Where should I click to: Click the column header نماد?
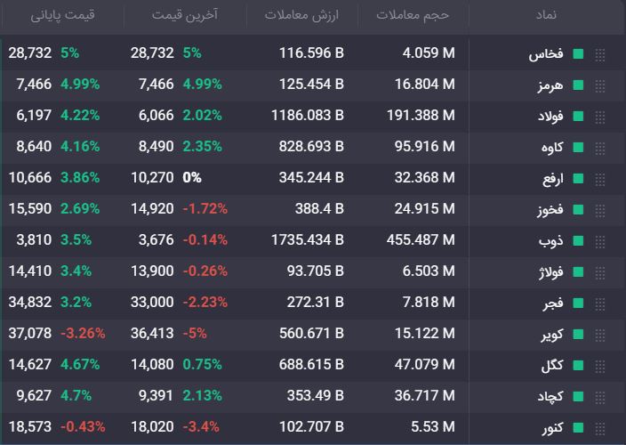point(546,15)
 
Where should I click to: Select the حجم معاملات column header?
point(413,15)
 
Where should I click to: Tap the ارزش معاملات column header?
point(301,15)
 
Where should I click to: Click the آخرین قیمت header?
point(185,15)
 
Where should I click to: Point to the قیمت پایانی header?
point(62,15)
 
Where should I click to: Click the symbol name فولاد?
point(550,116)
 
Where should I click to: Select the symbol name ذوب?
point(551,240)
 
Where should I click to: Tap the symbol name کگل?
point(552,365)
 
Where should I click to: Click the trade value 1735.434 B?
point(308,239)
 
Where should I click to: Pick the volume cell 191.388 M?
point(421,115)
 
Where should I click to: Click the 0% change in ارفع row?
point(192,177)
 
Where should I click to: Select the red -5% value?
point(195,333)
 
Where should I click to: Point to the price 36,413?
point(152,333)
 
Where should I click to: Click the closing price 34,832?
point(30,302)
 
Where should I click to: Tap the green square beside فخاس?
point(578,53)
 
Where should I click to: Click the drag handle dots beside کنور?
point(600,429)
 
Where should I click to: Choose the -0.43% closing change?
point(83,426)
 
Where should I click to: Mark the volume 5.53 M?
point(433,426)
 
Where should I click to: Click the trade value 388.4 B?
point(319,208)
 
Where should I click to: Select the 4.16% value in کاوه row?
point(80,146)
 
